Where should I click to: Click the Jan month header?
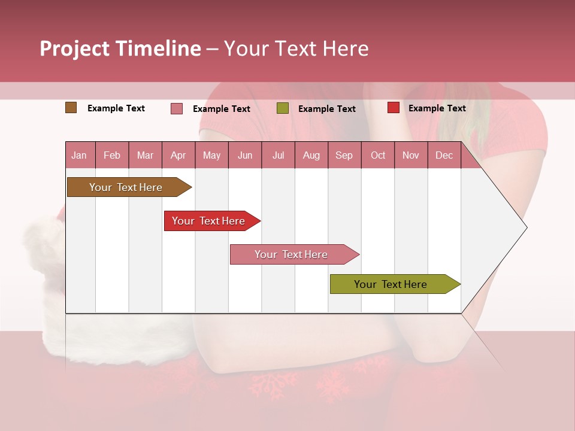click(80, 155)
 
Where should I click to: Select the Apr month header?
click(178, 155)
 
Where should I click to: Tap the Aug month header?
click(311, 155)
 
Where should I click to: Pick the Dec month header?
click(444, 155)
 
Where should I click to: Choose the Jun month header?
click(245, 155)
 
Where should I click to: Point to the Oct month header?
click(378, 155)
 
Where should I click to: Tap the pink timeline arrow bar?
click(292, 254)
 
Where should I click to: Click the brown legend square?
click(71, 108)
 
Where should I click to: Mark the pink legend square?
click(177, 108)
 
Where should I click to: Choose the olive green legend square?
click(283, 108)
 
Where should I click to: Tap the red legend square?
click(393, 108)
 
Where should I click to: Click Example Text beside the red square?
click(437, 108)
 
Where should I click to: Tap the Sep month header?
click(344, 155)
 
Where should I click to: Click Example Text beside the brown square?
click(116, 108)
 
